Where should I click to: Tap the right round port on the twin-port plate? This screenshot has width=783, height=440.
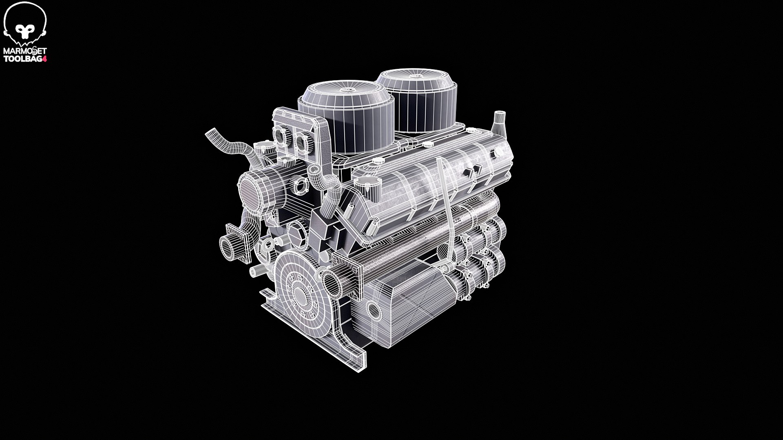pos(302,142)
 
